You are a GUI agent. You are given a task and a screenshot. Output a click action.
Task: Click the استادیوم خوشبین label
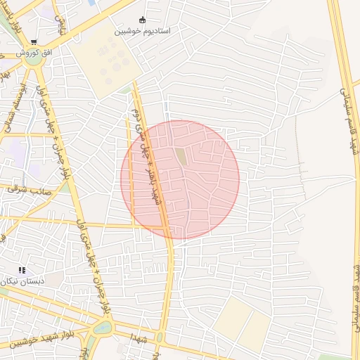[142, 32]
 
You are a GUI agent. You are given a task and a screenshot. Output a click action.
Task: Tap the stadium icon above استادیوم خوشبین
[143, 20]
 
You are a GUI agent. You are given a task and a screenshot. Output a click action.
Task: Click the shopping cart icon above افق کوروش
[34, 42]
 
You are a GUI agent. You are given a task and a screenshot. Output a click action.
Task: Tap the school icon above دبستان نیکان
[22, 270]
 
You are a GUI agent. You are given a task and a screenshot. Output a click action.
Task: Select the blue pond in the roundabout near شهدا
[102, 327]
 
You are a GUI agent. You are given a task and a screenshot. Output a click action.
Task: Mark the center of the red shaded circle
[180, 179]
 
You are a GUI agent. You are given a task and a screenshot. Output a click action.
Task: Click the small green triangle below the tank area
[127, 89]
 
